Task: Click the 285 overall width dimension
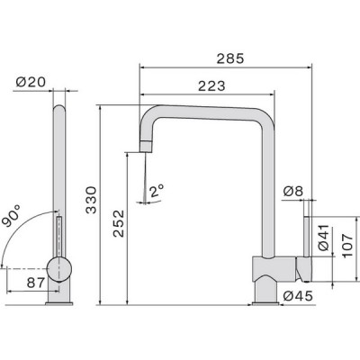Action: [x=230, y=58]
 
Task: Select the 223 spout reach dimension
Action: [x=211, y=86]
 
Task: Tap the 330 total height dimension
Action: [x=91, y=200]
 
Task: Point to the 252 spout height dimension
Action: [x=119, y=223]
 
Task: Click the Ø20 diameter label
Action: [x=31, y=82]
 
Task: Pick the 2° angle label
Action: [x=157, y=191]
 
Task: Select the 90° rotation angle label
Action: [x=11, y=216]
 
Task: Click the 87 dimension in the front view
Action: [x=36, y=283]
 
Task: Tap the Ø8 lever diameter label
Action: [x=293, y=191]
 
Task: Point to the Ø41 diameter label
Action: [x=323, y=238]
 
